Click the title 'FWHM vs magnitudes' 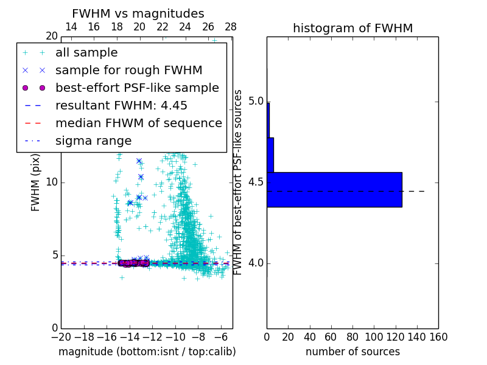[x=138, y=14]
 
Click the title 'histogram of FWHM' [x=352, y=29]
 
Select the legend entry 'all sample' [x=86, y=53]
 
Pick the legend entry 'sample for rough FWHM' [x=128, y=71]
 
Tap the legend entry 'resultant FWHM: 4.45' [x=121, y=105]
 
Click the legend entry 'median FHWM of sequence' [x=138, y=123]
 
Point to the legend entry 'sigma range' [x=93, y=141]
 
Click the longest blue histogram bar [x=334, y=189]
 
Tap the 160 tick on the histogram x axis [x=438, y=336]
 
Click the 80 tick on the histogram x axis [x=352, y=336]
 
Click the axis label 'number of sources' [x=352, y=352]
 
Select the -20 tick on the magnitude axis [x=61, y=336]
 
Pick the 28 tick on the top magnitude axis [x=231, y=27]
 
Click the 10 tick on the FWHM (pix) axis [x=51, y=182]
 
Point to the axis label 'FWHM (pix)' [x=36, y=182]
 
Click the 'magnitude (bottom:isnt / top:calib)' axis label [x=147, y=352]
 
